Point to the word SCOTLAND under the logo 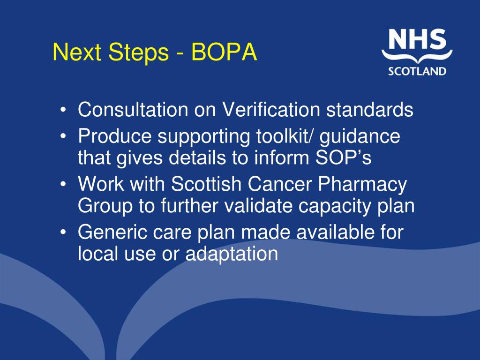(417, 71)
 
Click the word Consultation (133, 110)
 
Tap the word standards (370, 110)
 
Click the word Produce (115, 136)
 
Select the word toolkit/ (279, 136)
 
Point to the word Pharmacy (362, 185)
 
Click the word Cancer (285, 185)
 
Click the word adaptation (232, 254)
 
